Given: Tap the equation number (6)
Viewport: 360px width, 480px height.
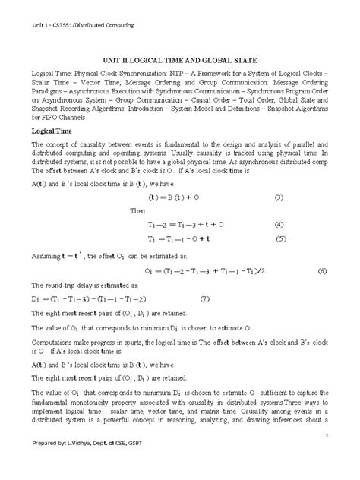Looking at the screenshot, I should pos(322,270).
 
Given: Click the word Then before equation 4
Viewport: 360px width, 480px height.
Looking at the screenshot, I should pos(137,211).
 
